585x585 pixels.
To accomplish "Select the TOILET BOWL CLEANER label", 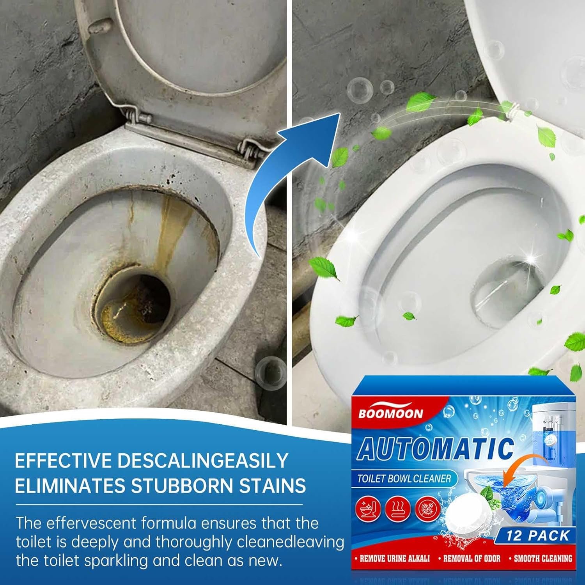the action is point(404,479).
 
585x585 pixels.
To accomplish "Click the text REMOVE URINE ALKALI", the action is point(394,558).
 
